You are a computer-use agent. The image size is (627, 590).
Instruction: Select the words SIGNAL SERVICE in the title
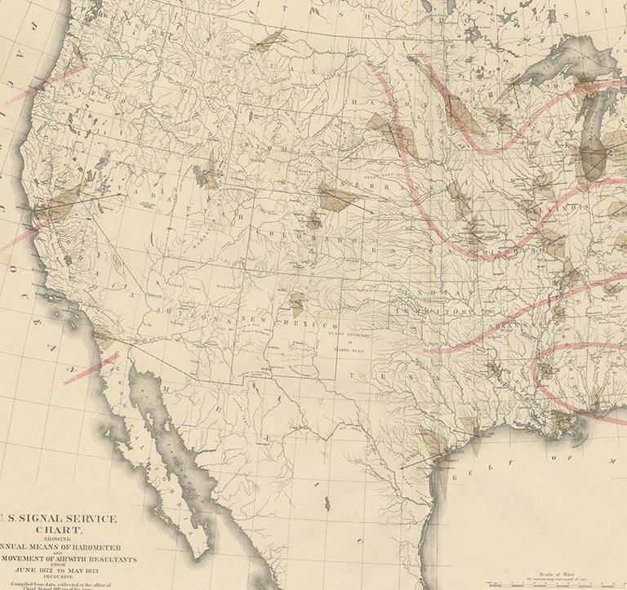click(x=69, y=517)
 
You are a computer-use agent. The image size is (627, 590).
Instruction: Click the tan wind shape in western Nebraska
click(x=336, y=197)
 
